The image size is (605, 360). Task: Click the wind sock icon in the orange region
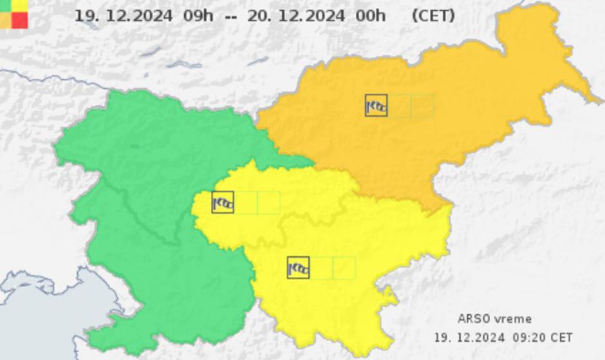(x=376, y=106)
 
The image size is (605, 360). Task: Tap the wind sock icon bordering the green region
(x=223, y=202)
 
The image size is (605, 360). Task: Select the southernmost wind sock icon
(x=298, y=268)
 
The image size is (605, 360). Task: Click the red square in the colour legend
(x=20, y=20)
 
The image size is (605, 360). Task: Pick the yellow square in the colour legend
(x=20, y=5)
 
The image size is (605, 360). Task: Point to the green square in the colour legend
(x=5, y=5)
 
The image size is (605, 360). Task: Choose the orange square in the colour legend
(x=5, y=20)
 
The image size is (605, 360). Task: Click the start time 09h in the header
(x=198, y=15)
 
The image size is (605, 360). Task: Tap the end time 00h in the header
(x=371, y=15)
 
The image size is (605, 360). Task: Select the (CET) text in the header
(x=433, y=15)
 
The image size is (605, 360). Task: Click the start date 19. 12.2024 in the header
(x=124, y=15)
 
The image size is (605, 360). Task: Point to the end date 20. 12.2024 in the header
(x=296, y=15)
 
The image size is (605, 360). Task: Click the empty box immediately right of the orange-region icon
(x=399, y=106)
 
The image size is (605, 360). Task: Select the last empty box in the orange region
(x=422, y=106)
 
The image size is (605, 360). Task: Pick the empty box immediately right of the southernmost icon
(x=321, y=268)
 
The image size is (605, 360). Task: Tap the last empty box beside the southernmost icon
(x=344, y=268)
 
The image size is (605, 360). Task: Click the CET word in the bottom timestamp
(x=561, y=337)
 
